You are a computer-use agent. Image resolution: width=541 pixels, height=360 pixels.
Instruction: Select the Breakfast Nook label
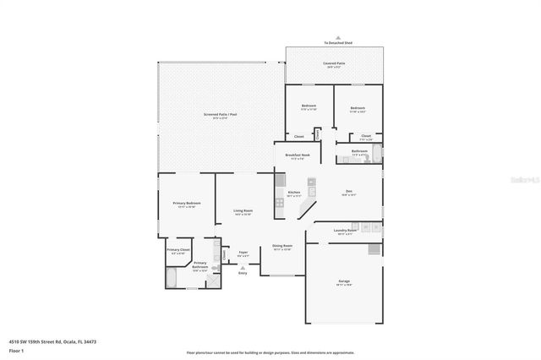tap(298, 156)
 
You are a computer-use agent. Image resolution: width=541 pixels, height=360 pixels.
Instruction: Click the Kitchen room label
tap(294, 193)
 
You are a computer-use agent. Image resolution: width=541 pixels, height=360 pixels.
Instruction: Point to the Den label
tap(347, 192)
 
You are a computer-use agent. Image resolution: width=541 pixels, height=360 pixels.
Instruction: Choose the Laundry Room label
tap(344, 231)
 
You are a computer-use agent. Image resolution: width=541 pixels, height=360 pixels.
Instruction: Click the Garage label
tap(343, 283)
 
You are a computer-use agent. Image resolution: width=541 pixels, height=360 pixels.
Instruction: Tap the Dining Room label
tap(281, 247)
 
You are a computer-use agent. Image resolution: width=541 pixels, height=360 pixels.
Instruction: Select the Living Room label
tap(243, 211)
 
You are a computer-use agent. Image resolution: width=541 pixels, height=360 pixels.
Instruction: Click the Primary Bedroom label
tap(187, 204)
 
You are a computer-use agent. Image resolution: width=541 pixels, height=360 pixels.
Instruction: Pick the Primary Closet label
tap(178, 250)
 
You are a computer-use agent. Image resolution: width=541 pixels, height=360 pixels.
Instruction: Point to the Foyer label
tap(243, 253)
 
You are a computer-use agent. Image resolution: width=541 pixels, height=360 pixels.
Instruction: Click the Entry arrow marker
tap(243, 267)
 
